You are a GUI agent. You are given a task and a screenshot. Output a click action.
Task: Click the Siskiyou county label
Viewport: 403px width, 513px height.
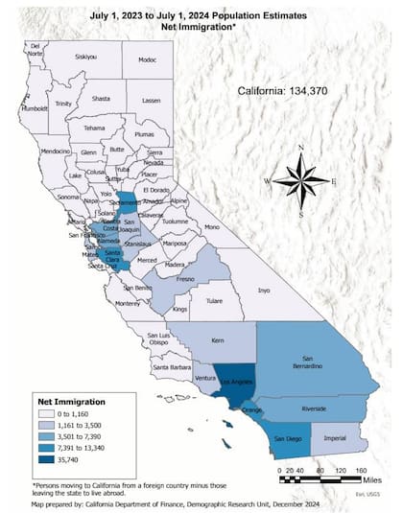click(x=86, y=57)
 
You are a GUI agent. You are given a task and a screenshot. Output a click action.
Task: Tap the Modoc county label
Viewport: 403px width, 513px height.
click(x=147, y=59)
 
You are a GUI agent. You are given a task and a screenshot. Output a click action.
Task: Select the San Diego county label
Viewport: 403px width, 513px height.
click(x=288, y=438)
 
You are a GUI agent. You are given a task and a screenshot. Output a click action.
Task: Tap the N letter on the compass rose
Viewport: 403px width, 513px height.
click(x=300, y=147)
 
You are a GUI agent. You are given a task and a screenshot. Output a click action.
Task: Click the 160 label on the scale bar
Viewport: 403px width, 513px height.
click(x=361, y=470)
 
